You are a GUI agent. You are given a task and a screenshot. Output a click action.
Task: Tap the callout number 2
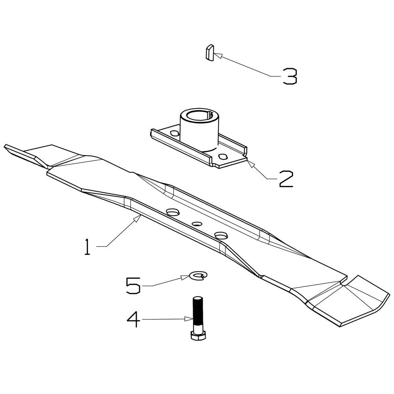point(286,178)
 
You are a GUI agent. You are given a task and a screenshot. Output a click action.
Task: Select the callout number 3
point(290,76)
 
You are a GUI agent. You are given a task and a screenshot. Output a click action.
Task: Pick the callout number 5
point(133,285)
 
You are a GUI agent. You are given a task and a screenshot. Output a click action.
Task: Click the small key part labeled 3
point(209,52)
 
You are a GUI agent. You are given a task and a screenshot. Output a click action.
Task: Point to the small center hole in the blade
point(197,224)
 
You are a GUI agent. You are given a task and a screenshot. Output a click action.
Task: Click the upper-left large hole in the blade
point(172,212)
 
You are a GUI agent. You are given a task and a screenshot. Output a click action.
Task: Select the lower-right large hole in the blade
point(221,235)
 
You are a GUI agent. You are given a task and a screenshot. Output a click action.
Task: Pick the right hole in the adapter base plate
point(223,156)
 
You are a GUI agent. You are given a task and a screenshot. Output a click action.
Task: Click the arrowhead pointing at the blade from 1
point(138,218)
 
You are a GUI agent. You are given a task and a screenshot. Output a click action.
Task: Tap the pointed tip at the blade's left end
point(6,147)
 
